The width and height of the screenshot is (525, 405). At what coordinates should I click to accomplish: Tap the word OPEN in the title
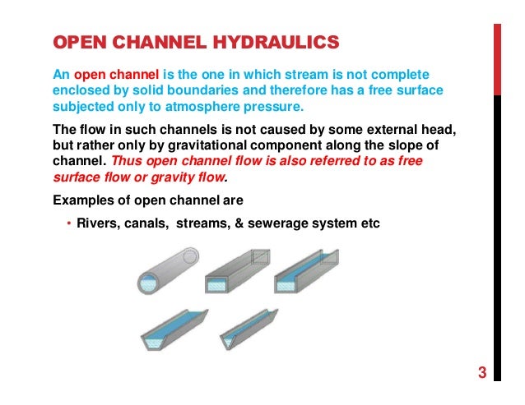click(78, 41)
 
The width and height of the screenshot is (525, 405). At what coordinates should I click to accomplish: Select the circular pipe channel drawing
click(166, 273)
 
